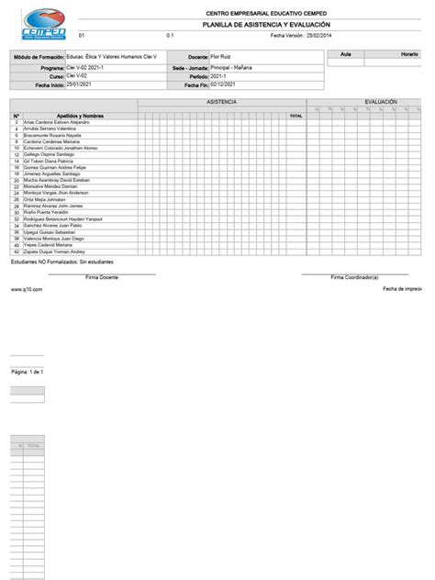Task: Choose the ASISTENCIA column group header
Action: point(222,102)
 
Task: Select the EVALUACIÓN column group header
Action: point(380,102)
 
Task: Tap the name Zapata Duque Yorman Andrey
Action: point(57,251)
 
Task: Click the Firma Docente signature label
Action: point(102,275)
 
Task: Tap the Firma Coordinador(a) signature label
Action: point(355,275)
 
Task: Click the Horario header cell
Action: point(409,55)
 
